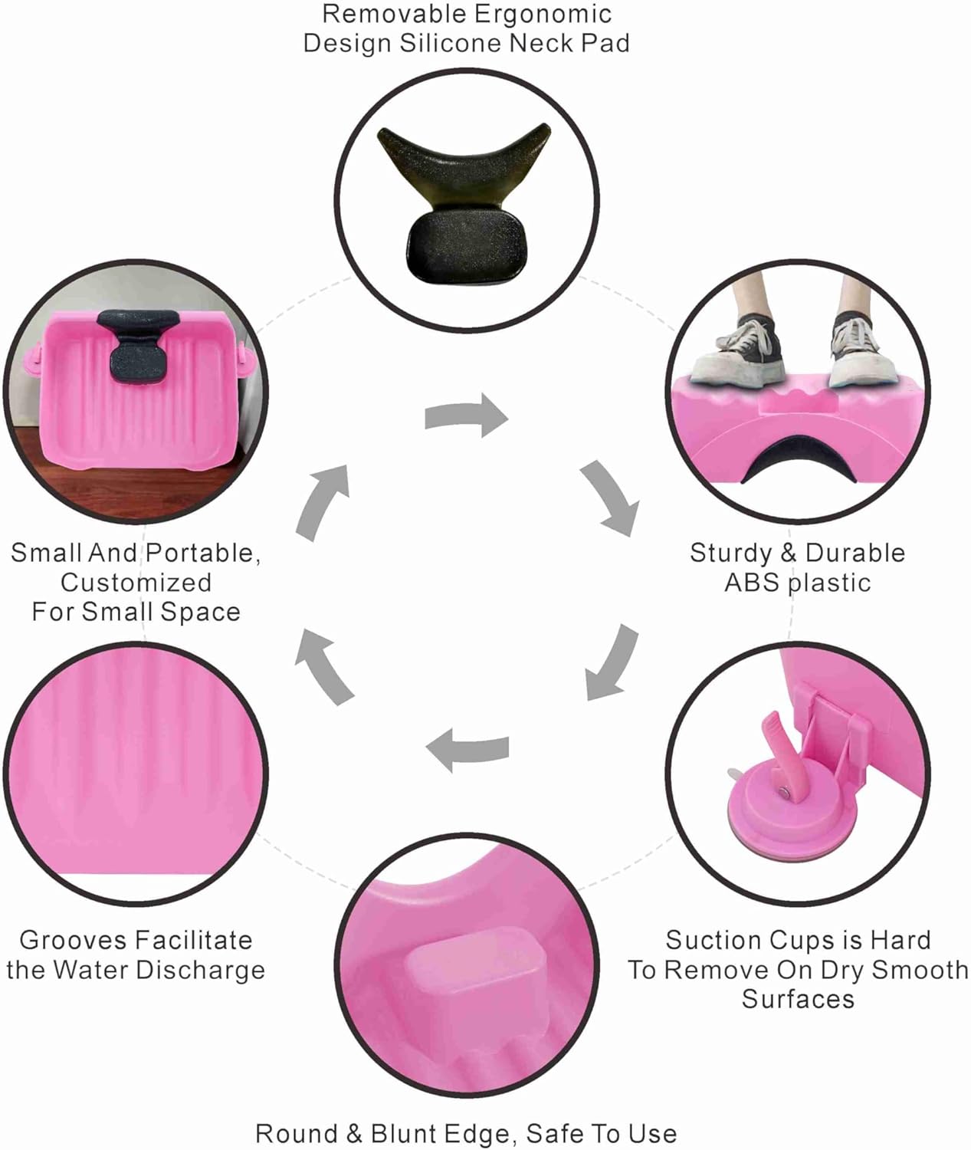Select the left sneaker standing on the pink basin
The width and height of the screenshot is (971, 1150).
tap(738, 353)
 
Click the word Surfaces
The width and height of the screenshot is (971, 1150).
tap(797, 999)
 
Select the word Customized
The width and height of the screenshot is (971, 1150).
tap(136, 583)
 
